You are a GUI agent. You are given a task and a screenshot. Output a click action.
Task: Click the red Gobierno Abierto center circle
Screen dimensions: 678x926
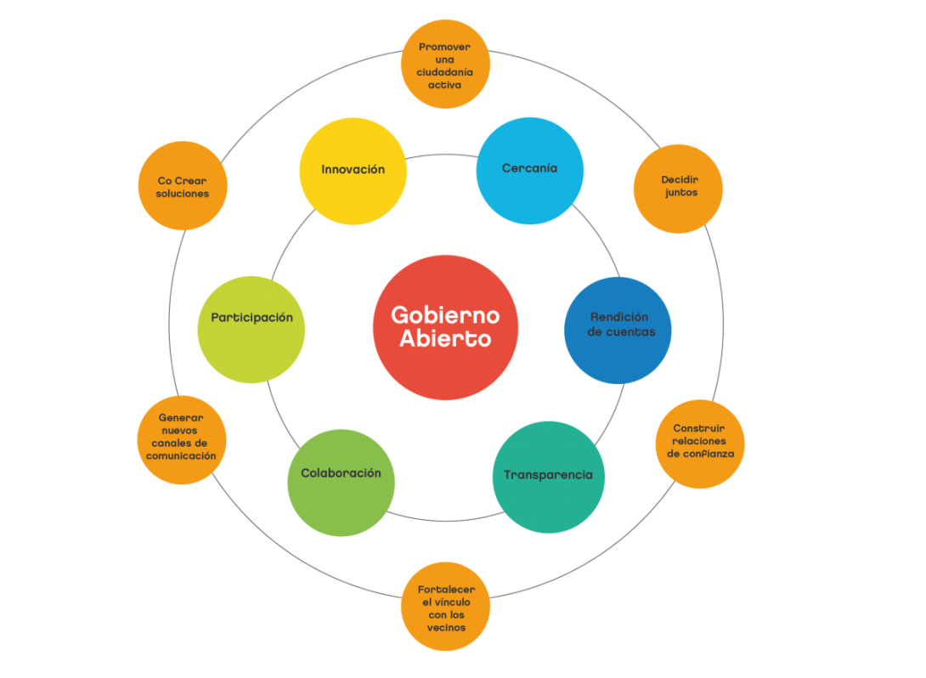[445, 327]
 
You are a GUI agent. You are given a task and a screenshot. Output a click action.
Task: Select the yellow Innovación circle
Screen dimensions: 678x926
[353, 171]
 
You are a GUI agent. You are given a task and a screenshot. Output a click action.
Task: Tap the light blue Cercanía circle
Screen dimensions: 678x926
[529, 171]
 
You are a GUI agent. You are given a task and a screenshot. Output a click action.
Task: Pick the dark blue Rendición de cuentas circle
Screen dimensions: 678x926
[618, 330]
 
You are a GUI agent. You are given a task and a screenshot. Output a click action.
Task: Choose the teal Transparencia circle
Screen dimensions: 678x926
[549, 477]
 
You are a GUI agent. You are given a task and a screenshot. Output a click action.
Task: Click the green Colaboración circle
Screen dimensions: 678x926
[341, 483]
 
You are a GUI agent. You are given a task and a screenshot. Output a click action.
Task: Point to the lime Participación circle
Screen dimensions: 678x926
[251, 330]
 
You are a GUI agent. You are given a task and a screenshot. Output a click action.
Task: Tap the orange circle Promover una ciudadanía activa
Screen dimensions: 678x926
[445, 65]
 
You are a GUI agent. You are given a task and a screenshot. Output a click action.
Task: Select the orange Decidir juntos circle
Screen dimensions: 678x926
[678, 189]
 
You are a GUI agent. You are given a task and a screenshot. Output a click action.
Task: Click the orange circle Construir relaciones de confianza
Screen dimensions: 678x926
[700, 443]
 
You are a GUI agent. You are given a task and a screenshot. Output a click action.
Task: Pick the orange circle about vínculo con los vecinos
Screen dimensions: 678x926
[445, 607]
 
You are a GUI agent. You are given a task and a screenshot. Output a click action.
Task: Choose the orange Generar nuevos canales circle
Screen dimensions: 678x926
[182, 440]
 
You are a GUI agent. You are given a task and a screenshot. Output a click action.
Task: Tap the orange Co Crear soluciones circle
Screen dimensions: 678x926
[182, 186]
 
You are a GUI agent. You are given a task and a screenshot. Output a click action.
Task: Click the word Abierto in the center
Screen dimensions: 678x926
[445, 338]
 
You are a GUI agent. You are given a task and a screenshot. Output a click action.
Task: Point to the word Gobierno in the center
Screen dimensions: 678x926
[445, 315]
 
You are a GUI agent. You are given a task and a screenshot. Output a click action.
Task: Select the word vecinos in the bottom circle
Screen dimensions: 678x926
[446, 628]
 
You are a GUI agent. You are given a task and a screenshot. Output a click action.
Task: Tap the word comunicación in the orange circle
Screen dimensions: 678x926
[181, 456]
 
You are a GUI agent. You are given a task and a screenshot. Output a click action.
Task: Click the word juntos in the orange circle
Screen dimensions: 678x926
[680, 193]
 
